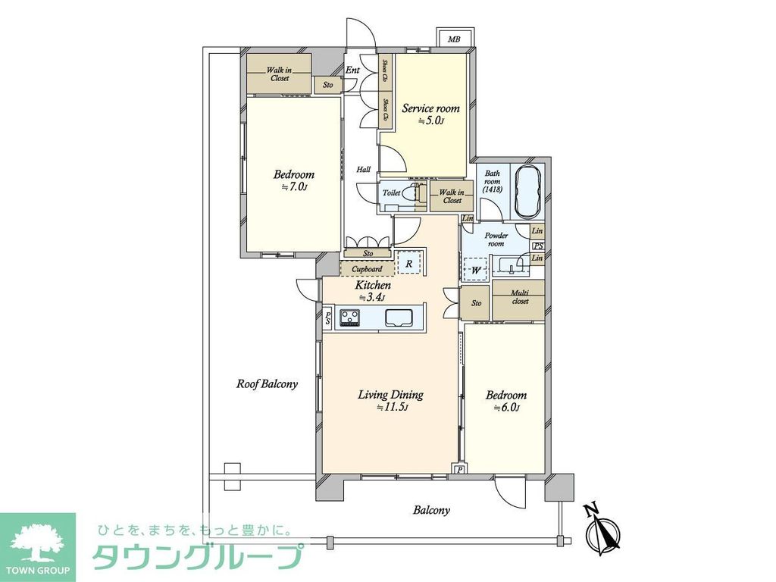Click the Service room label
click(430, 108)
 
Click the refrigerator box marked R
click(408, 263)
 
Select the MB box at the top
click(453, 39)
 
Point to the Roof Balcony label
click(267, 384)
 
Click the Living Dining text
click(390, 395)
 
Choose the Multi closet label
click(519, 296)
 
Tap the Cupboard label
click(367, 269)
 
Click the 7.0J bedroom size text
click(294, 186)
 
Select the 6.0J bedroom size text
click(505, 408)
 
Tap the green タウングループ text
click(199, 557)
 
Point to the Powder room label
click(496, 239)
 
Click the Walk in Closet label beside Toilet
click(452, 196)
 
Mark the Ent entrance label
click(352, 70)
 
